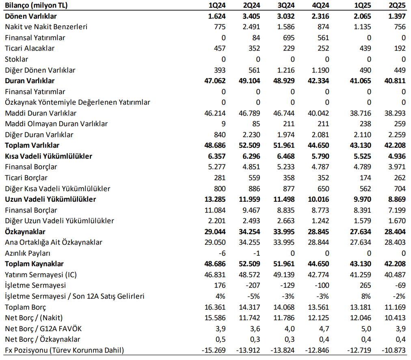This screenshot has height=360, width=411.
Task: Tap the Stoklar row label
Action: [17, 59]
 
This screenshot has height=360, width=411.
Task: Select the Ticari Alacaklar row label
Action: [30, 48]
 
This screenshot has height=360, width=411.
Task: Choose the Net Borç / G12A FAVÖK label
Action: [44, 328]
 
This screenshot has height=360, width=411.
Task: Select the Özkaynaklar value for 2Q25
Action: [394, 232]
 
